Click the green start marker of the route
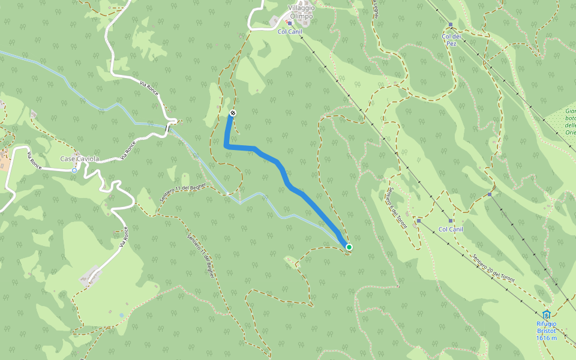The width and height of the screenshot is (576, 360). pyautogui.click(x=349, y=247)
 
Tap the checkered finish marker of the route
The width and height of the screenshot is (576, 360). pyautogui.click(x=233, y=113)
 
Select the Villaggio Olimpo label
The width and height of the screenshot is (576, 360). pyautogui.click(x=301, y=12)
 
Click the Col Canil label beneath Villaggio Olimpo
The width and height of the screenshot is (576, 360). pyautogui.click(x=290, y=31)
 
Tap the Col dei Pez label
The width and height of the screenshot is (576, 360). pyautogui.click(x=454, y=40)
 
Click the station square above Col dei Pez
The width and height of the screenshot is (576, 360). pyautogui.click(x=451, y=25)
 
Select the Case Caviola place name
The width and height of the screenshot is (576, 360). pyautogui.click(x=79, y=159)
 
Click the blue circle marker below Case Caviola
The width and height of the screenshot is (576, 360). pyautogui.click(x=74, y=170)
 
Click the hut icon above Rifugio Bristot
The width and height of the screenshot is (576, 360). pyautogui.click(x=546, y=315)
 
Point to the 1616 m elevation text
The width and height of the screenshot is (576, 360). pyautogui.click(x=546, y=338)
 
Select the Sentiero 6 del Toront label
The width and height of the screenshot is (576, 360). pyautogui.click(x=396, y=208)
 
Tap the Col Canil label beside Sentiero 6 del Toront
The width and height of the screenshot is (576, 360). pyautogui.click(x=451, y=229)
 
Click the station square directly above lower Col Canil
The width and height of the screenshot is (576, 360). pyautogui.click(x=419, y=221)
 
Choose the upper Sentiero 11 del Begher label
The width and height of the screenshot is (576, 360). pyautogui.click(x=182, y=193)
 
